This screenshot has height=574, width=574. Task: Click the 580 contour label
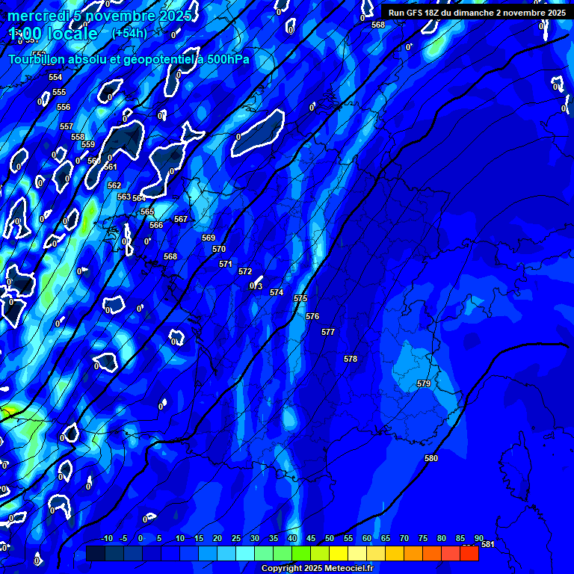tap(430, 458)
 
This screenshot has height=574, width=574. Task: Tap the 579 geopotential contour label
tap(424, 383)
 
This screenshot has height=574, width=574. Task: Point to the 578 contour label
tap(351, 359)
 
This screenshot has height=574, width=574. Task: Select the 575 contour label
tap(300, 298)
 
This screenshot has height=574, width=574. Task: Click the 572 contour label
tap(245, 271)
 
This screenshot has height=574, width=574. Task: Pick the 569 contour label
tap(209, 238)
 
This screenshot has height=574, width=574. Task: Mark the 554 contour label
tap(55, 77)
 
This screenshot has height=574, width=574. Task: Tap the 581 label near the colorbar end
tap(488, 544)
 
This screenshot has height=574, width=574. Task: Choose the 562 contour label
tap(114, 185)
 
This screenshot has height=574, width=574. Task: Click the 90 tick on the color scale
tap(478, 538)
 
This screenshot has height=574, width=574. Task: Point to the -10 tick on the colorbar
tap(106, 538)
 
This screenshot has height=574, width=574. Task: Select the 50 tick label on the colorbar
tap(330, 538)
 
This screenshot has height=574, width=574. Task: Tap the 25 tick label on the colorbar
tap(236, 538)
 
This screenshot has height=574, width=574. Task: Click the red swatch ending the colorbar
tap(469, 553)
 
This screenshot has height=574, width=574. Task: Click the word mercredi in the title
tap(38, 16)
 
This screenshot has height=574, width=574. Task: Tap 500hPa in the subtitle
tap(225, 59)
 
